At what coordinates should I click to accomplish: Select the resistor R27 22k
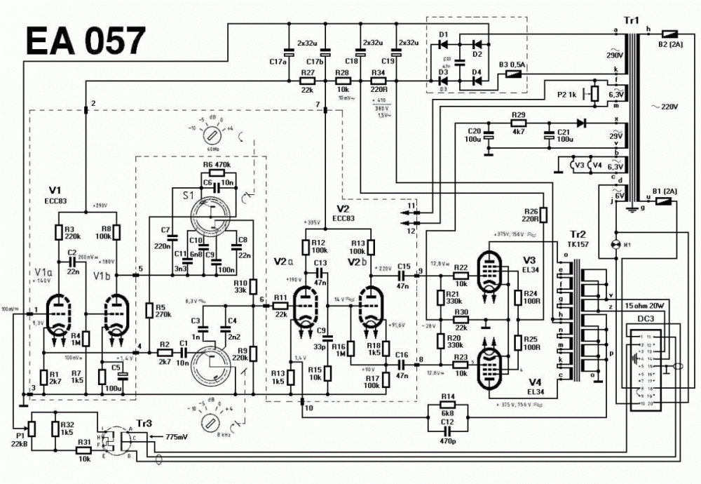tap(306, 82)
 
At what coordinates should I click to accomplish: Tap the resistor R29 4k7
tap(518, 123)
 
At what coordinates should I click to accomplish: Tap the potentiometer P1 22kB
tap(31, 427)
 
